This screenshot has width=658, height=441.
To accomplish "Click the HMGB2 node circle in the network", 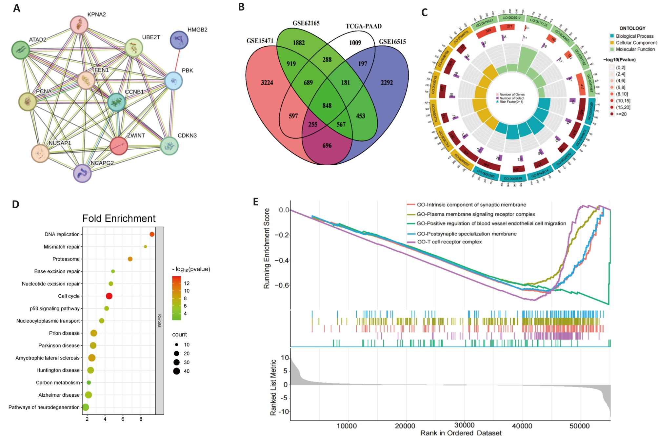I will tap(179, 40).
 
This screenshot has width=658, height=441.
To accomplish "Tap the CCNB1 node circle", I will tap(116, 102).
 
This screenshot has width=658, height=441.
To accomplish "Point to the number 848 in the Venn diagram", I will tap(327, 106).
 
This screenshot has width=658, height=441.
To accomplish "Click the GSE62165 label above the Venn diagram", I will tap(306, 23).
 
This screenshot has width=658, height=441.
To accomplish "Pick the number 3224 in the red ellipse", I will tap(267, 83).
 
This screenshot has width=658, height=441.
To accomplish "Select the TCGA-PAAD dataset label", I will tap(364, 26).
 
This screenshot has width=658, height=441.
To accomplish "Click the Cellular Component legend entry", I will tap(636, 43).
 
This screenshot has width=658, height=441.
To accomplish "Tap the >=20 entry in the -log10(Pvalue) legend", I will tap(621, 114).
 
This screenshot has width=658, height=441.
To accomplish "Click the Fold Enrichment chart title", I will tap(119, 219).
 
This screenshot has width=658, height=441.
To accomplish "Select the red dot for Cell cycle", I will tap(109, 296).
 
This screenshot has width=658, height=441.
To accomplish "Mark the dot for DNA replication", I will tap(152, 234).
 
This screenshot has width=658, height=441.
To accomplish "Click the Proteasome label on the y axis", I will tap(66, 259).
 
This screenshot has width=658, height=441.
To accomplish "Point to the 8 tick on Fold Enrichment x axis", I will tap(141, 419).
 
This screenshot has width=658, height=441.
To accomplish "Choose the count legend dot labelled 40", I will tap(177, 371).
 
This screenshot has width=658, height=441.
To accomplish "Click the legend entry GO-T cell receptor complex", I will tap(449, 242).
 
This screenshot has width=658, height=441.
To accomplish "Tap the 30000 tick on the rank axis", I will tap(464, 426).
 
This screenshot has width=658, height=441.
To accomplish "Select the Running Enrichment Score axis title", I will tap(267, 248).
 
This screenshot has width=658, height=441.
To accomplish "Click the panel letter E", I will tap(256, 202).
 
